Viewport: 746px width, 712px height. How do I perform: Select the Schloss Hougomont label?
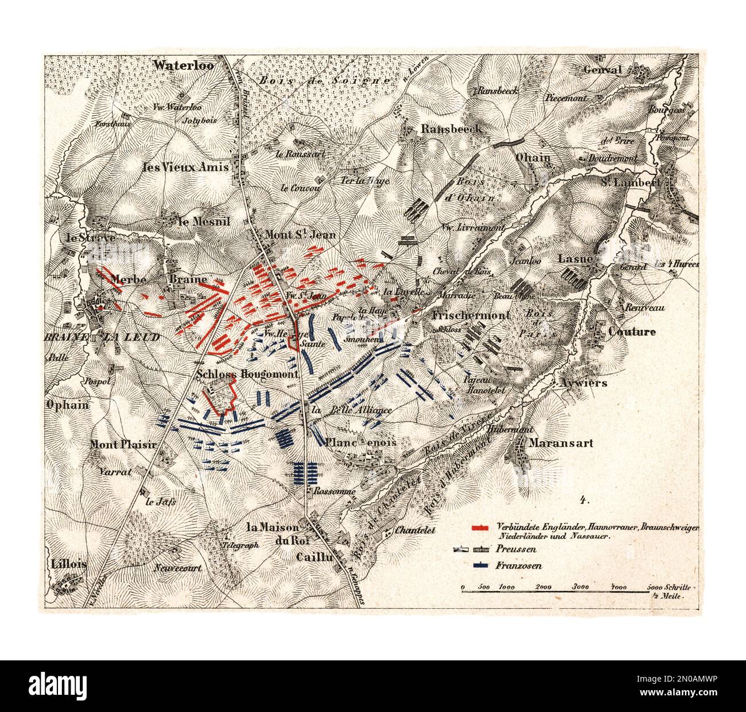click(x=247, y=373)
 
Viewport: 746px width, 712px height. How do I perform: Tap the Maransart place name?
click(x=561, y=443)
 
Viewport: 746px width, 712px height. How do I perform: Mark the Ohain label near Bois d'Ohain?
click(x=533, y=158)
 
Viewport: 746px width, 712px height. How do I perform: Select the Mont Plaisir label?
click(x=119, y=444)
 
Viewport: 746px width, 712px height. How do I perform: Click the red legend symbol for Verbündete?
click(x=479, y=527)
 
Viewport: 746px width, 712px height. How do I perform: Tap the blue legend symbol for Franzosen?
click(x=479, y=566)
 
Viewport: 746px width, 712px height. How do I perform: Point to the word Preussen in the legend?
click(x=511, y=548)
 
